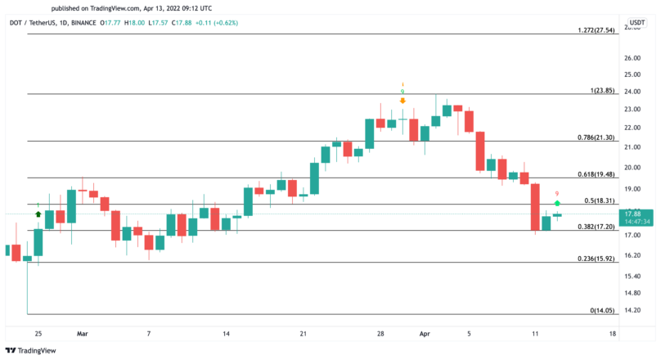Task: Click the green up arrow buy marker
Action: click(38, 214)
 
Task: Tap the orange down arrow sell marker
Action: click(402, 101)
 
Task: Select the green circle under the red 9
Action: click(557, 202)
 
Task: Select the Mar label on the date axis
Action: click(82, 334)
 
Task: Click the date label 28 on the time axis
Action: click(380, 334)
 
